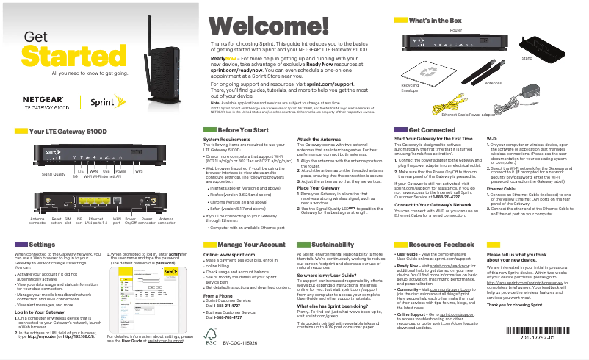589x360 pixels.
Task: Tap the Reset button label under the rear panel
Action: tap(55, 220)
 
